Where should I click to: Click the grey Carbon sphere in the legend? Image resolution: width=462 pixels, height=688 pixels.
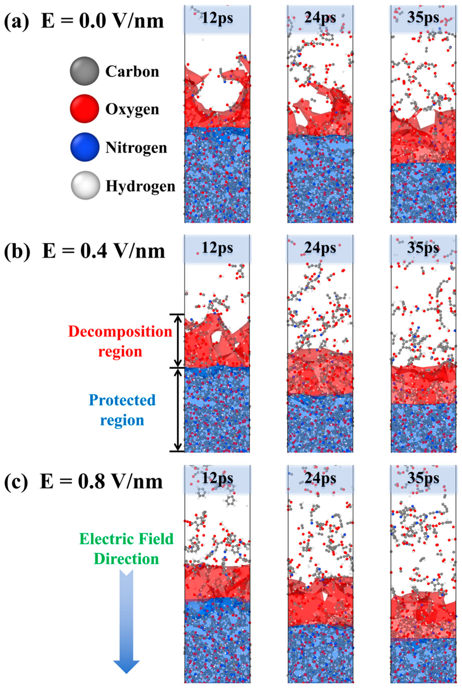84,71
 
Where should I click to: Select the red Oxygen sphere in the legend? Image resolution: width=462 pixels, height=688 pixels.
84,109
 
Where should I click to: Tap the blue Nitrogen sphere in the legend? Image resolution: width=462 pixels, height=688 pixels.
85,147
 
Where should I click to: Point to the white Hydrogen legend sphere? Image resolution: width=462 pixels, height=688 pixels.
85,185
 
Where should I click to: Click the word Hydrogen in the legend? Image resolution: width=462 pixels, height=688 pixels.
140,186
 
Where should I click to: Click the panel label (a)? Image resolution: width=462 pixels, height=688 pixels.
17,21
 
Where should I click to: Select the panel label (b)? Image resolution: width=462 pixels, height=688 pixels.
17,251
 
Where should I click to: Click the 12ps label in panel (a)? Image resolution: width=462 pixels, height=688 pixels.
217,18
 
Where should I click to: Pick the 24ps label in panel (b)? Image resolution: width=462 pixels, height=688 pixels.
320,248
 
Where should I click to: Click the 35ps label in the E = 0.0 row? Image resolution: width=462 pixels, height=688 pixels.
423,18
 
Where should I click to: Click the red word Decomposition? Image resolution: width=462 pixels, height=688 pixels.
120,332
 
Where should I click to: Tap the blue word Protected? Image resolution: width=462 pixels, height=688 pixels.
122,400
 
